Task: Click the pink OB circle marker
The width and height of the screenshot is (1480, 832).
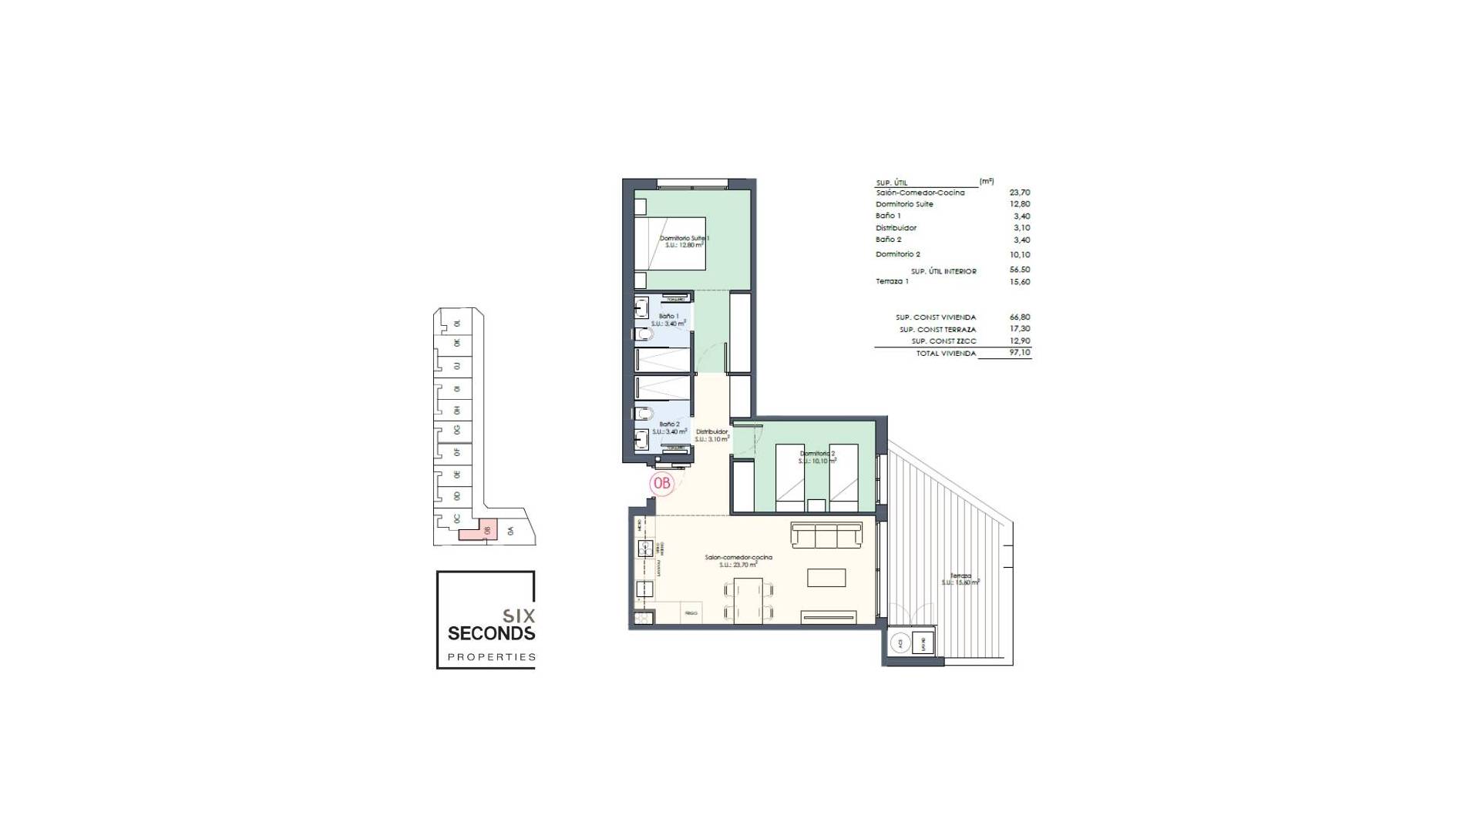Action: coord(661,483)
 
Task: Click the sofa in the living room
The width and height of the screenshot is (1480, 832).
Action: coord(826,535)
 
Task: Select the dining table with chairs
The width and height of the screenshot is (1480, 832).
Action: coord(748,601)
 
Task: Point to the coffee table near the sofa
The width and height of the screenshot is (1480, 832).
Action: coord(826,577)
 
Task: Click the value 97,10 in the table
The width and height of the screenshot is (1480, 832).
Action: coord(1019,353)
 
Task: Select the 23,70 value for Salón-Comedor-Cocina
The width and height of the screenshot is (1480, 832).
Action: coord(1019,193)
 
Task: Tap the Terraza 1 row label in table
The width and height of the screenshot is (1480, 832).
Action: coord(892,281)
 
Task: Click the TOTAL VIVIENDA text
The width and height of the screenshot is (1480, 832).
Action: coord(945,354)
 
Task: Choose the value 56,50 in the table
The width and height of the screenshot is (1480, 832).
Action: coord(1019,270)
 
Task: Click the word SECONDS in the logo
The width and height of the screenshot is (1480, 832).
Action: coord(491,633)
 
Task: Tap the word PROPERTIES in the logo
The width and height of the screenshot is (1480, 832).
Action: coord(491,657)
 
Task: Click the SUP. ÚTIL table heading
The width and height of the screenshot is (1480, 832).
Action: coord(891,183)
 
